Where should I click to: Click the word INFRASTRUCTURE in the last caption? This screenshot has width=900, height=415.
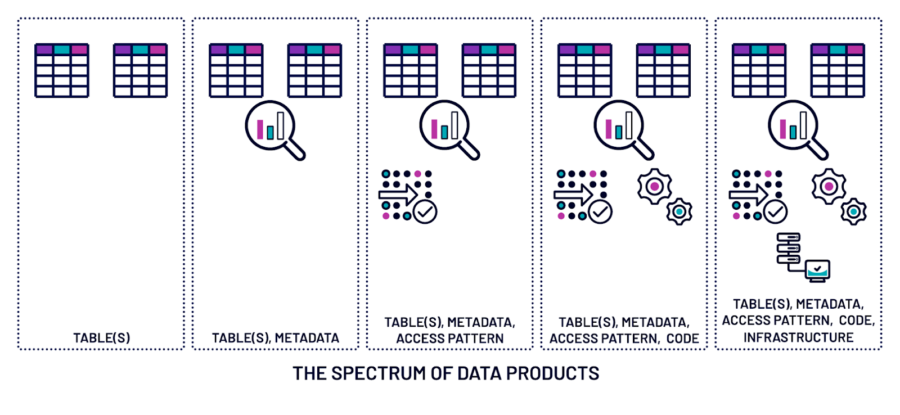click(x=798, y=337)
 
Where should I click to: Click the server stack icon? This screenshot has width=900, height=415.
click(x=788, y=249)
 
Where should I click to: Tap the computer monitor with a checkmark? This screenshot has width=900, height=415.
click(x=817, y=270)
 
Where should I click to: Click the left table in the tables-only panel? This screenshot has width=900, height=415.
click(x=62, y=70)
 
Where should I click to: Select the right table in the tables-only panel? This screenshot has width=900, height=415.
click(x=140, y=70)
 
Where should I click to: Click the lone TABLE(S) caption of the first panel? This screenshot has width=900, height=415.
click(x=102, y=338)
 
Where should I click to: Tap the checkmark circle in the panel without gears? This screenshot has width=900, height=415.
click(x=425, y=212)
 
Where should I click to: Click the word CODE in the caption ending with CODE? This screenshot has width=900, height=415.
click(x=682, y=339)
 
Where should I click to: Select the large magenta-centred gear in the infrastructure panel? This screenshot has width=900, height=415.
click(x=829, y=186)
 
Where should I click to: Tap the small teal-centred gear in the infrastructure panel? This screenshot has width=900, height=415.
click(x=853, y=211)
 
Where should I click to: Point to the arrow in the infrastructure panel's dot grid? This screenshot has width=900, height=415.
click(x=748, y=195)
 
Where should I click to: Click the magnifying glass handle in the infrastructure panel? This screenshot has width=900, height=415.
click(x=817, y=150)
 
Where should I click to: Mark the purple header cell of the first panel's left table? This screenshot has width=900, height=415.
click(x=44, y=49)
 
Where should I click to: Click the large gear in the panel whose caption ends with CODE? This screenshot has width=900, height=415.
click(x=654, y=186)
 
